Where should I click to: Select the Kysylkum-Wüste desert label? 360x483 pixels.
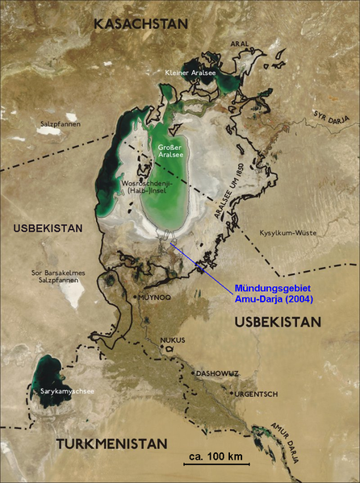pyautogui.click(x=287, y=233)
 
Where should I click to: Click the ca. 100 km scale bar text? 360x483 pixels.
pyautogui.click(x=216, y=458)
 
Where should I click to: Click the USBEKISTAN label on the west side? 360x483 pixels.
pyautogui.click(x=48, y=229)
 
